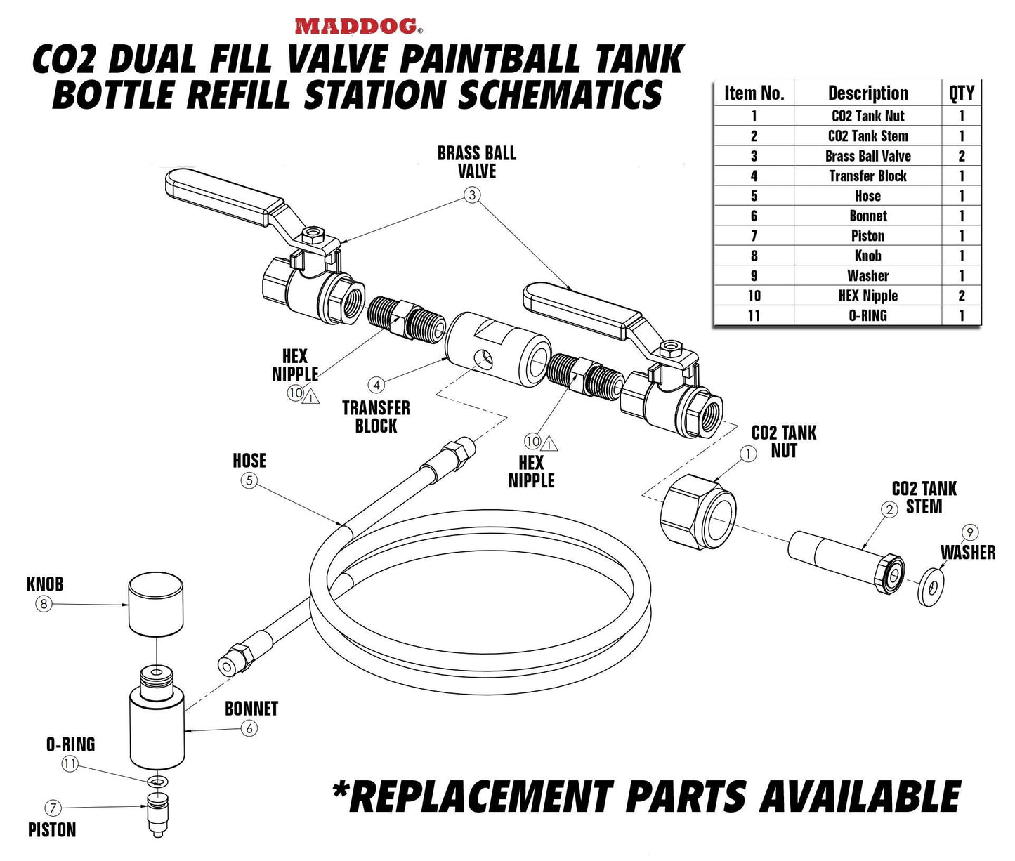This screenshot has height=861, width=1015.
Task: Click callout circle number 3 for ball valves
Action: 472,195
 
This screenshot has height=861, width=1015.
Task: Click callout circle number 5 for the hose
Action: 249,480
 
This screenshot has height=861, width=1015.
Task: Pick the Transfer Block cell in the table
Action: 867,176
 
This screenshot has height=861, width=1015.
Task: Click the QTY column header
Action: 961,93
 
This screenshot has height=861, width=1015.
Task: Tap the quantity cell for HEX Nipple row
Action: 961,296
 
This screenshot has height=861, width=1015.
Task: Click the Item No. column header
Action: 754,93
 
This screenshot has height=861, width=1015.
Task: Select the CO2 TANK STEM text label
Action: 924,497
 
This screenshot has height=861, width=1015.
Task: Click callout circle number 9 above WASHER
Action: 971,532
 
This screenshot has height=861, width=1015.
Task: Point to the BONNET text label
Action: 251,709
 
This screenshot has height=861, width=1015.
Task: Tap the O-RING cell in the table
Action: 867,315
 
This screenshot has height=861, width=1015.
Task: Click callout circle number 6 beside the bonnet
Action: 249,728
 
